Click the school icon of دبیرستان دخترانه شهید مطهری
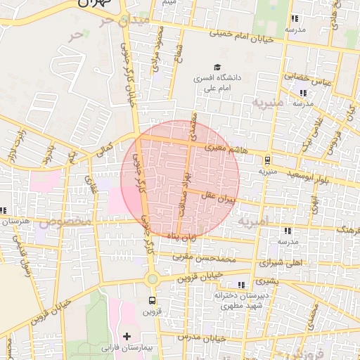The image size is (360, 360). coord(241,285)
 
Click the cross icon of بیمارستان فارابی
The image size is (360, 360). coord(127,337)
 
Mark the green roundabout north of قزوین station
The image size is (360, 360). coord(152,279)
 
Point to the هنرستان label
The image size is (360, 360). coord(14,221)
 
